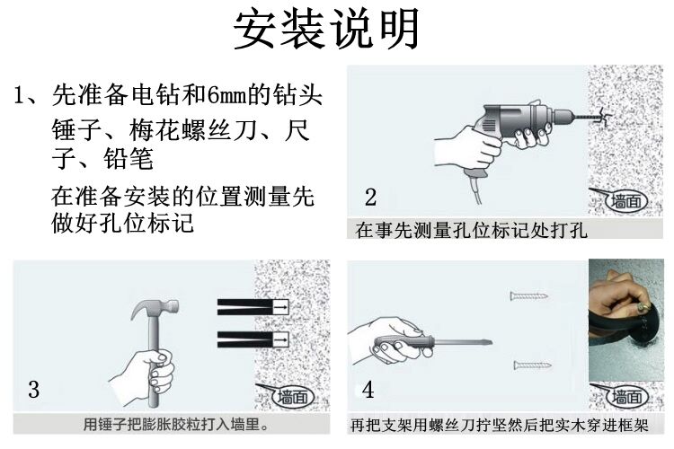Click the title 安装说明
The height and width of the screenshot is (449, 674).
tap(327, 30)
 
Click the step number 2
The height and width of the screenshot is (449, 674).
tap(370, 197)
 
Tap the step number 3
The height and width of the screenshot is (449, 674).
tap(33, 389)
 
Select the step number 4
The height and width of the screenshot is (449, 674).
tap(368, 389)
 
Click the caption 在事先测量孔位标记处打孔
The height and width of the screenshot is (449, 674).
tap(471, 230)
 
